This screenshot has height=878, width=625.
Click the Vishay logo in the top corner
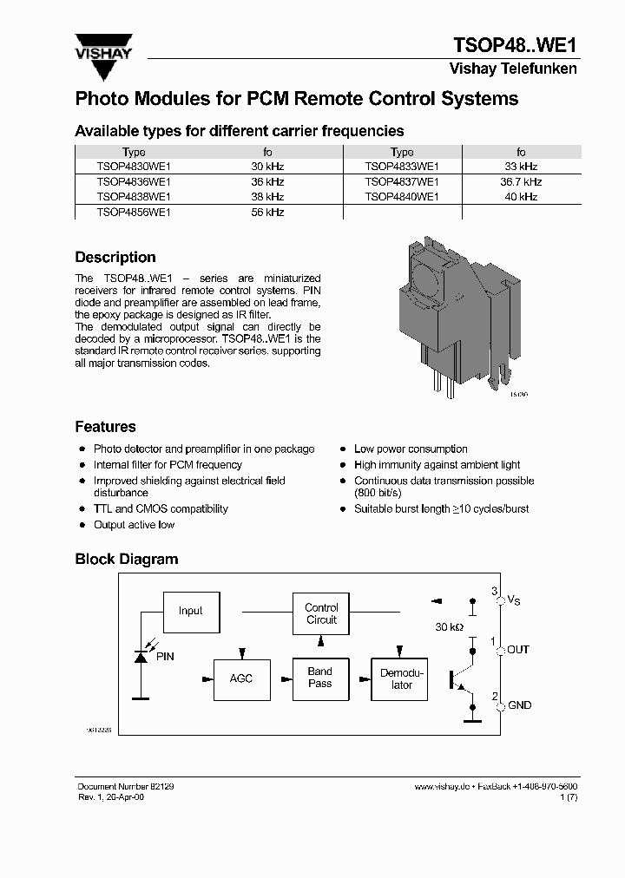(x=103, y=48)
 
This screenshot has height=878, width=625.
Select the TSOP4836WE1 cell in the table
(x=134, y=182)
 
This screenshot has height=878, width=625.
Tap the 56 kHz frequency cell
(x=267, y=212)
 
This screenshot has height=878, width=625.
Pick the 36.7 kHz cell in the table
(x=520, y=182)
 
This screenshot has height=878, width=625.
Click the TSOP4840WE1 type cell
(x=402, y=197)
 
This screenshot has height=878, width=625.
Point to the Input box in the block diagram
(x=190, y=611)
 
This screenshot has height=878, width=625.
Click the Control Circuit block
(x=321, y=613)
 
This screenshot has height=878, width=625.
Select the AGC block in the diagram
(x=241, y=678)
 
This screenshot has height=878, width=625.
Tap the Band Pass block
(x=320, y=678)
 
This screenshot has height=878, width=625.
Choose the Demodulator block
(x=402, y=678)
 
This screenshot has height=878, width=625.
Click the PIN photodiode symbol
(x=139, y=658)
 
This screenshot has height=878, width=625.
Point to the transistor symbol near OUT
(x=460, y=678)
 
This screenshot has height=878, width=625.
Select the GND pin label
(x=519, y=705)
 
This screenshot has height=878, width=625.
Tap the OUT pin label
(x=518, y=650)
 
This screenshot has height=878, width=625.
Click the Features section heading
(x=105, y=427)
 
